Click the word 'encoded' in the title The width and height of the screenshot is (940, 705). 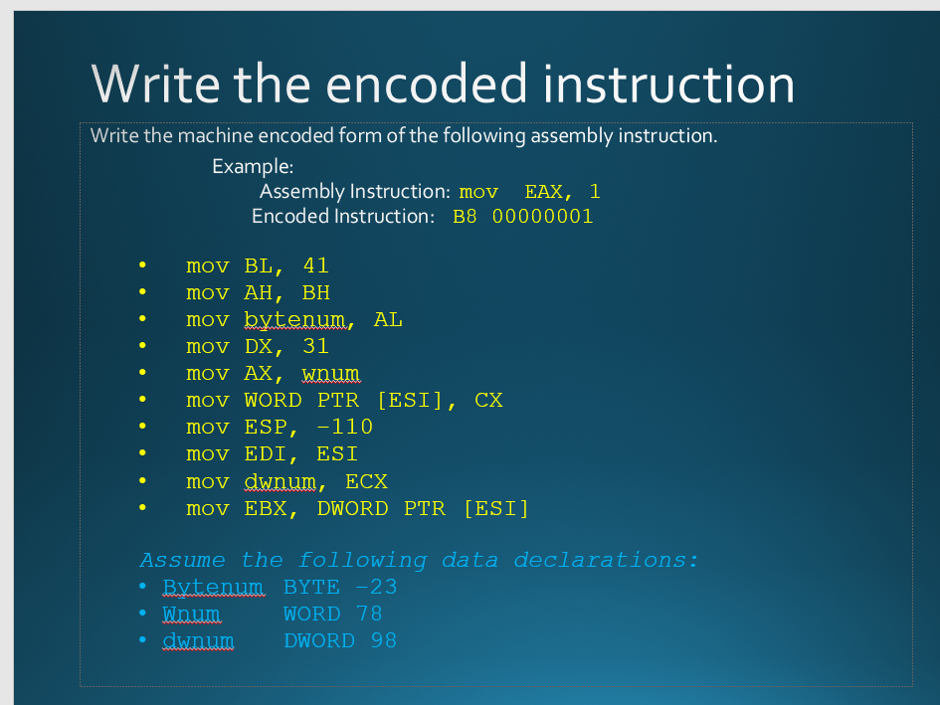click(x=427, y=84)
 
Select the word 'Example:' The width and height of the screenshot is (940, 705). click(x=253, y=166)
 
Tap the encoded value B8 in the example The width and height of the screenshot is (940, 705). click(x=465, y=216)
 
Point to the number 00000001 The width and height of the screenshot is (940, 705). click(x=542, y=216)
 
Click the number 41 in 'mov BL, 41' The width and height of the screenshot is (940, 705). click(x=316, y=264)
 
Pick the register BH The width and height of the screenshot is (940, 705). click(x=316, y=292)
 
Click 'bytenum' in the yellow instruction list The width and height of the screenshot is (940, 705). click(x=295, y=320)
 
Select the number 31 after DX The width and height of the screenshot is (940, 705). click(x=316, y=346)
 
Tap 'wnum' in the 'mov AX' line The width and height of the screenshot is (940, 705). click(x=330, y=374)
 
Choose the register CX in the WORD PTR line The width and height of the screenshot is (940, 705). click(x=488, y=400)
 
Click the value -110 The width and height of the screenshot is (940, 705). click(x=345, y=427)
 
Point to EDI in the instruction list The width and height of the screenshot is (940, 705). click(x=265, y=453)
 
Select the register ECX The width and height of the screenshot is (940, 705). click(x=366, y=481)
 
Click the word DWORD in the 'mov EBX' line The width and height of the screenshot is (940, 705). click(x=352, y=508)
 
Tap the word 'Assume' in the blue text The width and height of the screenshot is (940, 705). click(x=182, y=560)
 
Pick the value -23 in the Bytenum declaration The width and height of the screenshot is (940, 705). click(x=376, y=587)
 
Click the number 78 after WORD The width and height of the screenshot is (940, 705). click(x=369, y=614)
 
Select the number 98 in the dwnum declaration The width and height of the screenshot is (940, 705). click(x=384, y=640)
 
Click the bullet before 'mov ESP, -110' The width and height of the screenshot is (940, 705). click(x=142, y=426)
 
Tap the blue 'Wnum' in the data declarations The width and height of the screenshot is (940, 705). click(x=191, y=614)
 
